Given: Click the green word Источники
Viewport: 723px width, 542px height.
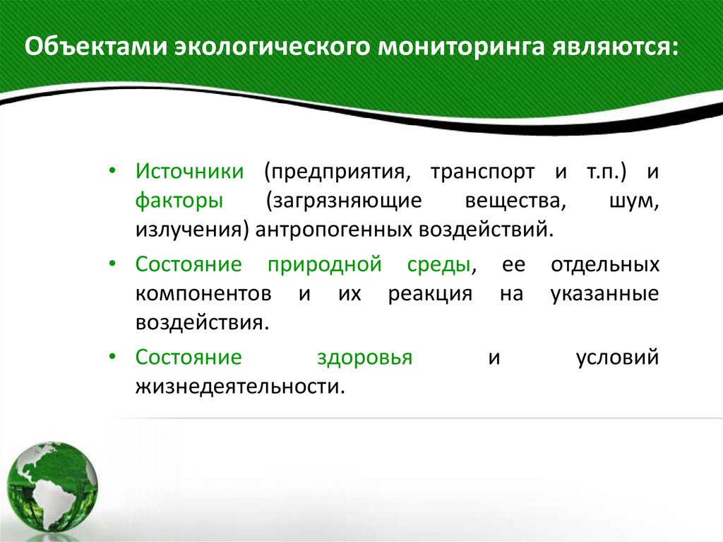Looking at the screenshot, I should point(190,172).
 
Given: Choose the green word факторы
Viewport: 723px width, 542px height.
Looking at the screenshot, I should point(180,201).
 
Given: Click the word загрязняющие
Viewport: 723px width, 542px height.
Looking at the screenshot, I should point(344,201).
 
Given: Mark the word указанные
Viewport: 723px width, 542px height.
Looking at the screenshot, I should point(604,293).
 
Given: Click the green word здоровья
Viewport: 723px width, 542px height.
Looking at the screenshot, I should point(364,357).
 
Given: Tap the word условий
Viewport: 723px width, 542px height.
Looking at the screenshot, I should point(617,357).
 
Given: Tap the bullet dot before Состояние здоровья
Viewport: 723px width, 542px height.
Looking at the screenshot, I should point(114,357).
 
